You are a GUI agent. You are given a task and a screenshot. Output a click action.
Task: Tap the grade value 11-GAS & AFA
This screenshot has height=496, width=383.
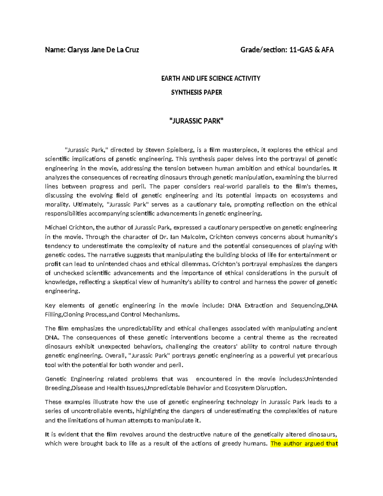click(x=311, y=50)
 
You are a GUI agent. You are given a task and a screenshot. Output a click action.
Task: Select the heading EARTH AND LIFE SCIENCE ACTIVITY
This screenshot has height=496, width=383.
click(x=211, y=79)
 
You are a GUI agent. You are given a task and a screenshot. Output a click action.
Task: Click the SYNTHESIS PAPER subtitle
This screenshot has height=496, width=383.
click(x=196, y=93)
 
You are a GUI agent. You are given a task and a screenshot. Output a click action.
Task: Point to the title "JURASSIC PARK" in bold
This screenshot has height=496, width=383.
click(x=196, y=121)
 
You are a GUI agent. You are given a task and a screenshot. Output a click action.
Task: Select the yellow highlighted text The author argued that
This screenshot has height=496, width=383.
click(x=304, y=444)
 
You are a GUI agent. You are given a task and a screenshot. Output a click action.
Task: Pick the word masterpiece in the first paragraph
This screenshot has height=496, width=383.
click(x=240, y=150)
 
